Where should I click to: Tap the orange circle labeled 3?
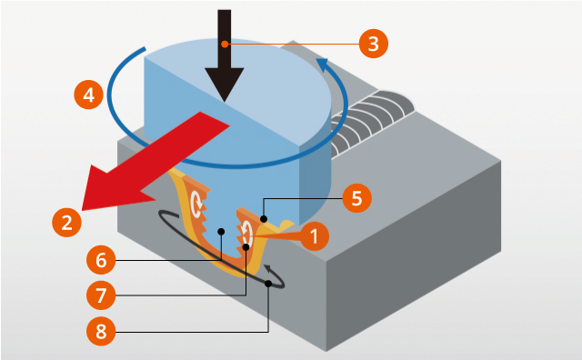[x=372, y=42]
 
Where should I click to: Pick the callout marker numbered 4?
[x=87, y=94]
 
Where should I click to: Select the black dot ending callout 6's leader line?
[x=221, y=232]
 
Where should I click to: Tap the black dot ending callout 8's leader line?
[x=269, y=285]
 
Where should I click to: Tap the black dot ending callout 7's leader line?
[x=246, y=246]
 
